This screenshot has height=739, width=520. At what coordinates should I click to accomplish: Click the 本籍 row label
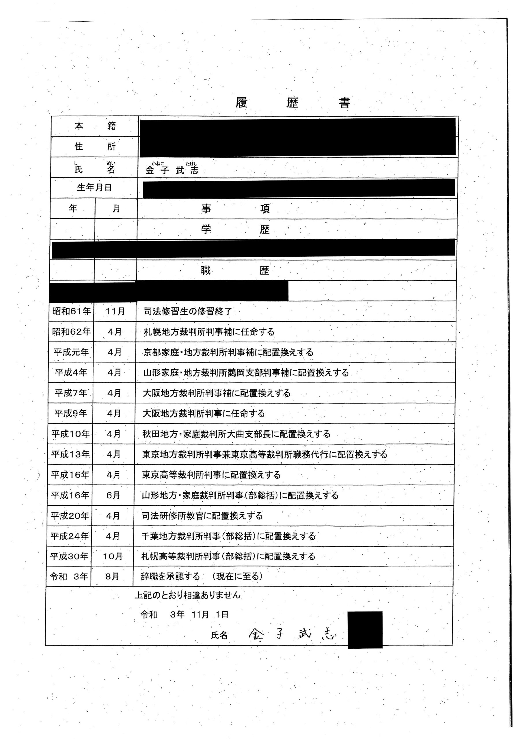pos(95,126)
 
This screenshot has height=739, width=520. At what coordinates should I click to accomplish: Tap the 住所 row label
pos(95,146)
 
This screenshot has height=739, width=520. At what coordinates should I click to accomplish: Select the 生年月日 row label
pos(94,188)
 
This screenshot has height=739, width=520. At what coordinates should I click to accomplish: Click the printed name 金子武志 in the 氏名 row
pos(172,170)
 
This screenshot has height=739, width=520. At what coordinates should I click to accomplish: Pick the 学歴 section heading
pos(235,229)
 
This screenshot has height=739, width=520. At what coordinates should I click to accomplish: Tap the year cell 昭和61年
pos(72,311)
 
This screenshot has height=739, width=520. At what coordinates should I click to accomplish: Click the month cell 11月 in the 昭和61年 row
pos(115,311)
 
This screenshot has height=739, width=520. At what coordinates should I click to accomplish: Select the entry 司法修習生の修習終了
pos(188,311)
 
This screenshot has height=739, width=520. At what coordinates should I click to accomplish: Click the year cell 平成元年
pos(71,352)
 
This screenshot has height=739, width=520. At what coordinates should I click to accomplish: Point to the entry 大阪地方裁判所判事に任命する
pos(204,413)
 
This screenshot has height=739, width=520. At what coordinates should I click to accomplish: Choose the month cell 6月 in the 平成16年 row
pos(113,495)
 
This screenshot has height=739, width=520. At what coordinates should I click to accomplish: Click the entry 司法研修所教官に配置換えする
pos(202,516)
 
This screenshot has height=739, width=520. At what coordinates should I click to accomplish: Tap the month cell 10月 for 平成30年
pos(113,556)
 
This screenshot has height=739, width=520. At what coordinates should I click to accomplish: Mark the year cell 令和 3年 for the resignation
pos(69,576)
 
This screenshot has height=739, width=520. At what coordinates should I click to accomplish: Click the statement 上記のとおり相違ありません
pos(187,595)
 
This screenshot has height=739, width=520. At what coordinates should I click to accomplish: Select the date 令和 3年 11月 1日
pos(184,615)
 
